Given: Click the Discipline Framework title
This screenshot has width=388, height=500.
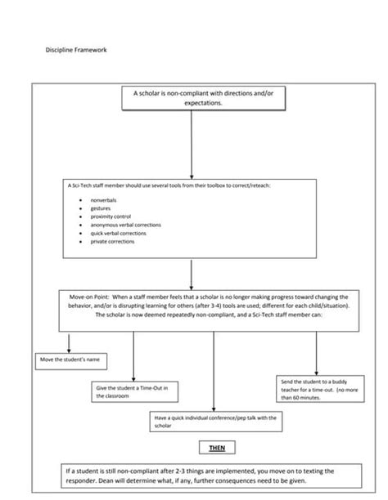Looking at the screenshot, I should [x=75, y=51].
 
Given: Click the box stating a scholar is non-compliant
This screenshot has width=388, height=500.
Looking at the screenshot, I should [x=192, y=99].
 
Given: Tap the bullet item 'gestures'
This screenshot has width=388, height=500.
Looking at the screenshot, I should [x=101, y=208].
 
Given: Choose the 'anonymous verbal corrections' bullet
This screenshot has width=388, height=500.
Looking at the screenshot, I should [x=125, y=225].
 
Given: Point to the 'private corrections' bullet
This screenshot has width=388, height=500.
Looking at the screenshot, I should [x=113, y=241].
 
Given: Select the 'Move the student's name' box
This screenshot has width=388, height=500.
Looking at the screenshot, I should [x=74, y=359].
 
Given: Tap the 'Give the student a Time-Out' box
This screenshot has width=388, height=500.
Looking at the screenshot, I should [x=134, y=391].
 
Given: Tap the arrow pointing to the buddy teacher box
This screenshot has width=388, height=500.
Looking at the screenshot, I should [x=317, y=351].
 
